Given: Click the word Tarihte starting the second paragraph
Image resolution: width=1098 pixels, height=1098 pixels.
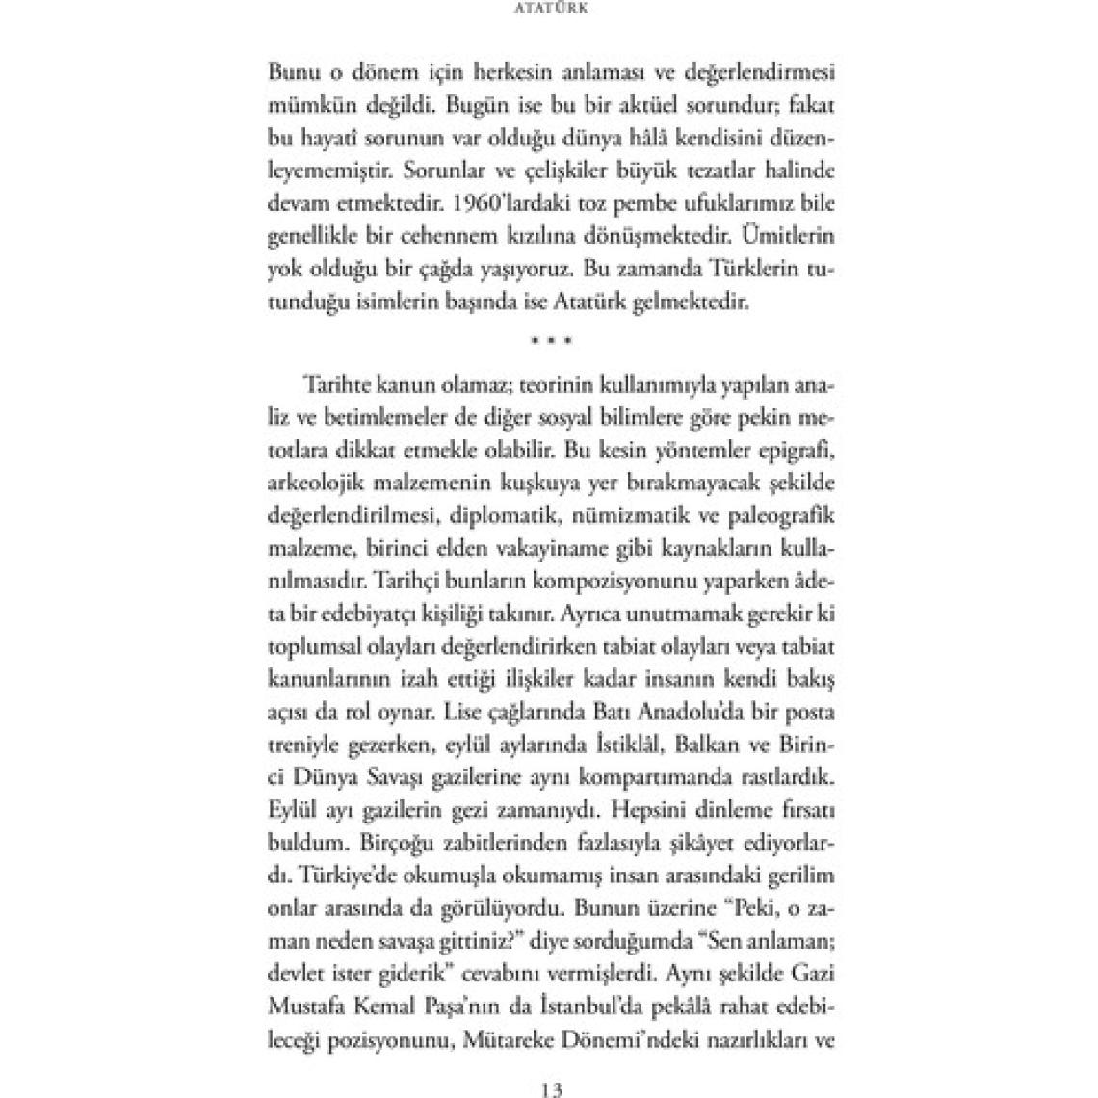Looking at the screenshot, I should tap(345, 385).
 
